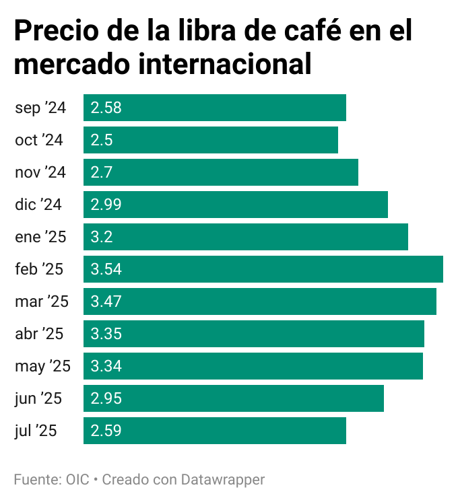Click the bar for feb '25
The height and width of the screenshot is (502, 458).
(263, 269)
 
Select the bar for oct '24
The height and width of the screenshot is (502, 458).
(211, 140)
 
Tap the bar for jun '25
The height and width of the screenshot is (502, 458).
(234, 398)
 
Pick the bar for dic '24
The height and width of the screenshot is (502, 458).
(236, 205)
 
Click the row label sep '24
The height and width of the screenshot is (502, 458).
(40, 108)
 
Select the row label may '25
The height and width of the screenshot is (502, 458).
(42, 366)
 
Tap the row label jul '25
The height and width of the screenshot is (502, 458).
(36, 431)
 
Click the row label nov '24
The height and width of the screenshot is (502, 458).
(40, 172)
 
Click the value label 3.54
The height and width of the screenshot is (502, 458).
(106, 269)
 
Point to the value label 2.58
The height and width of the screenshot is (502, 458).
(106, 108)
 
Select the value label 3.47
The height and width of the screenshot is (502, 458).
(106, 301)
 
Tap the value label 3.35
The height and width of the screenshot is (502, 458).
(106, 334)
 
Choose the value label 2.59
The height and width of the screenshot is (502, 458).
(106, 431)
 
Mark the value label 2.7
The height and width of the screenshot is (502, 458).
(101, 172)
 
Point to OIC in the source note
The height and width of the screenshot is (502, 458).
(77, 480)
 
